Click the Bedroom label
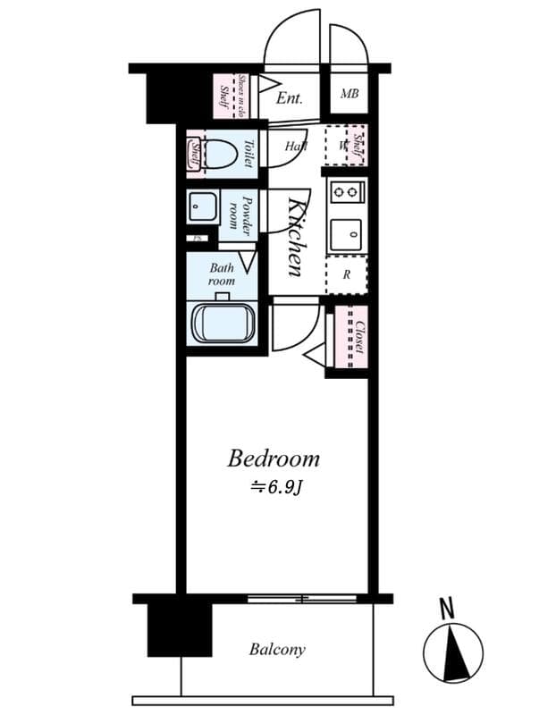[273, 459]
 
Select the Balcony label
[277, 650]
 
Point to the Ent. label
[290, 97]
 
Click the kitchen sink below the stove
[346, 234]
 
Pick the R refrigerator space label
[347, 275]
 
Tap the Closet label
[359, 337]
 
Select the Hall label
[296, 146]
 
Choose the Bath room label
[223, 273]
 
